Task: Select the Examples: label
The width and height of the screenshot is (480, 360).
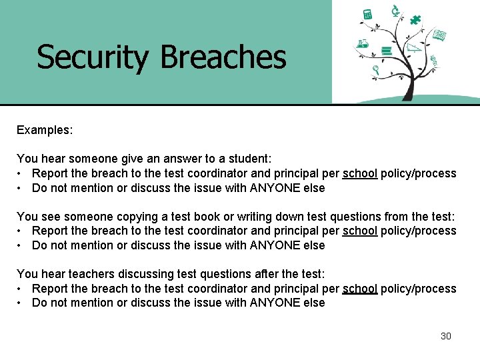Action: click(45, 130)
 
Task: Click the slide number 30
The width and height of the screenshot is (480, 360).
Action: click(446, 336)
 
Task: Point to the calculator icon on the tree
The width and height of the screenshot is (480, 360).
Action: click(367, 15)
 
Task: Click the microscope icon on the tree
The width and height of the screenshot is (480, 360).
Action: click(395, 10)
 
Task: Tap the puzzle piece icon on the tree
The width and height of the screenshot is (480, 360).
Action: click(416, 19)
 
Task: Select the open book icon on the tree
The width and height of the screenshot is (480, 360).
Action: click(438, 35)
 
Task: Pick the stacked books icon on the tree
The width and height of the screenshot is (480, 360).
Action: click(385, 50)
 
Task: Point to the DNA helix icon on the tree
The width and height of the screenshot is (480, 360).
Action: click(433, 61)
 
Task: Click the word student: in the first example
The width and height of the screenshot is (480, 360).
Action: click(249, 159)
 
